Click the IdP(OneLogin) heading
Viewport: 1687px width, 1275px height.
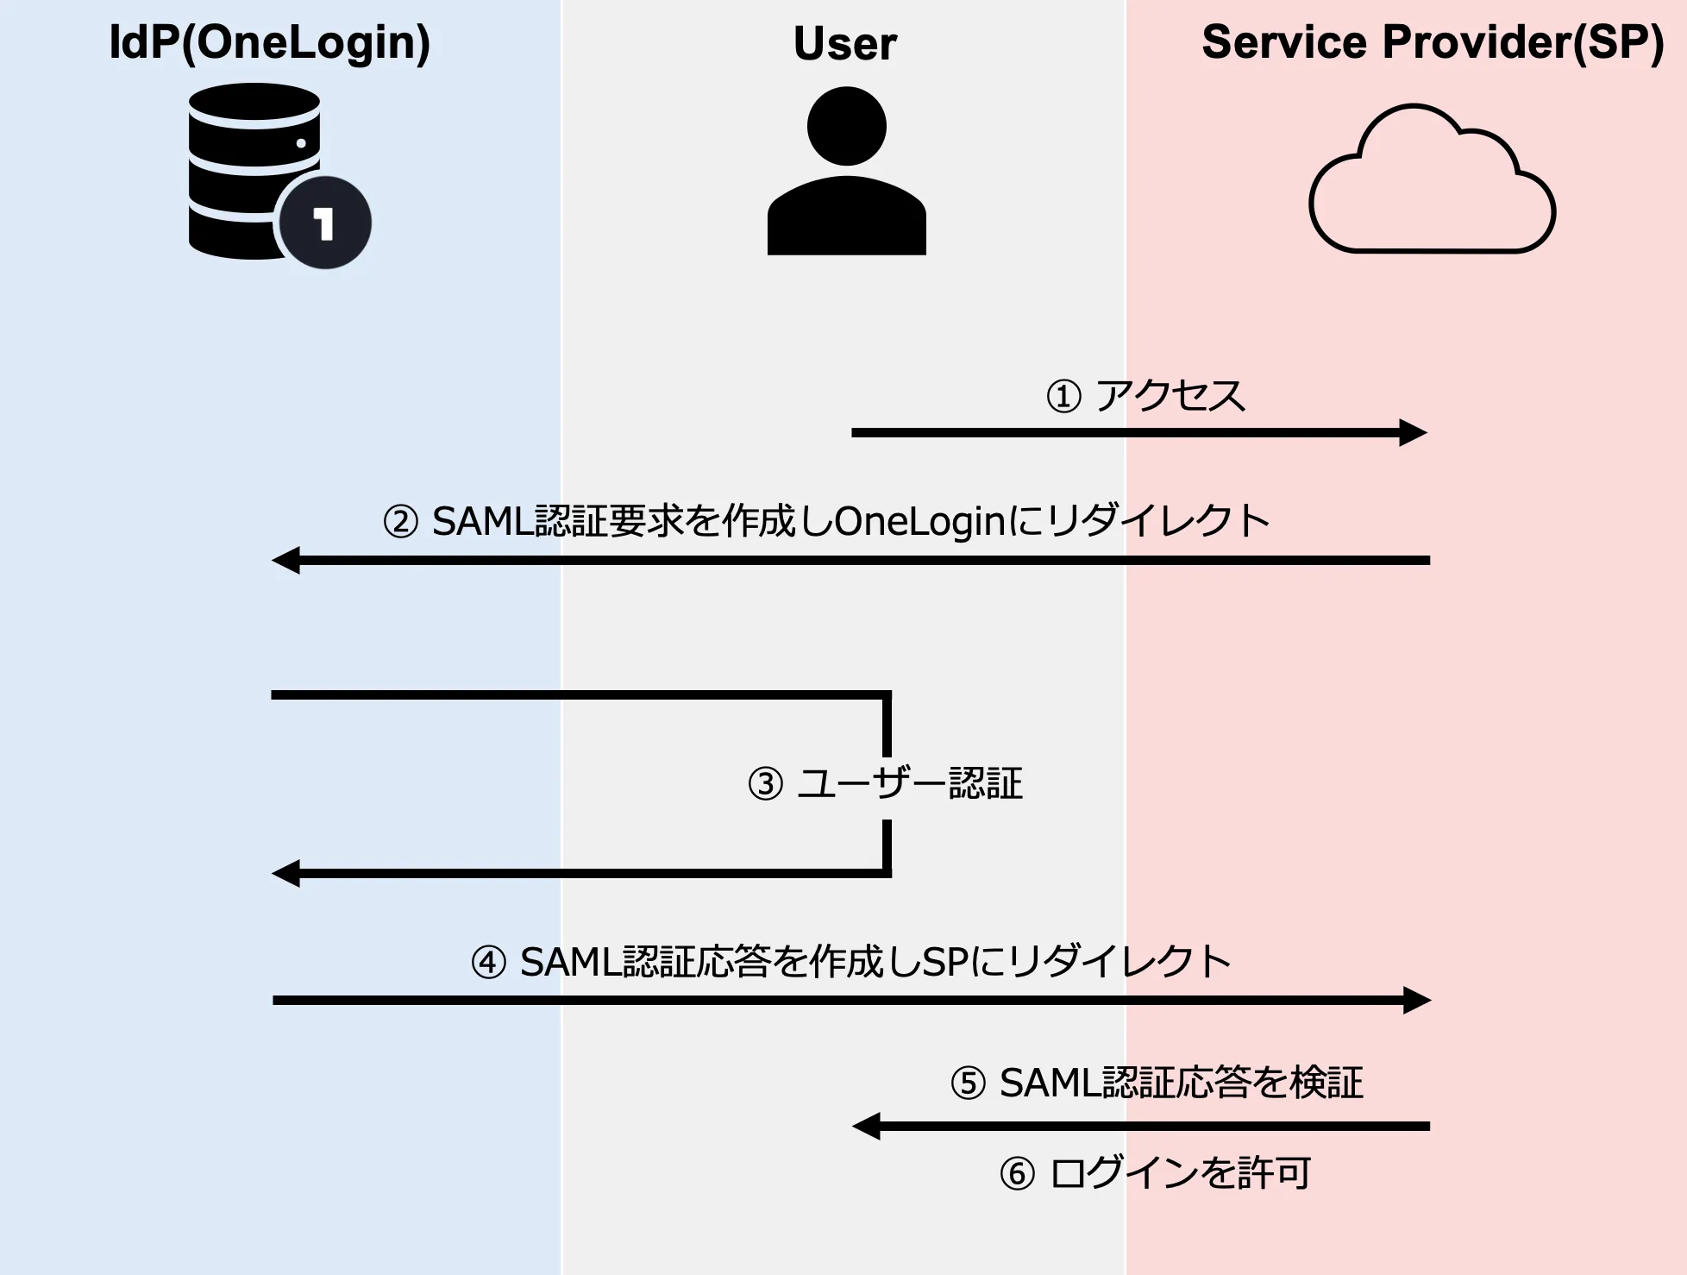(x=269, y=42)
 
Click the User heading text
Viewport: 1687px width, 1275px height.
(x=845, y=44)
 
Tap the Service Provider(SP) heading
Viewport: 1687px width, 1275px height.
(x=1433, y=42)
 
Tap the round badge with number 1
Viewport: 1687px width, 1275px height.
(x=324, y=223)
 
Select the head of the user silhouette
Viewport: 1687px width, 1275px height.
(x=846, y=126)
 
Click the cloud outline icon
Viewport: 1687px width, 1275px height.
(x=1432, y=185)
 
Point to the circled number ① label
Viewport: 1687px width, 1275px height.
(x=1063, y=397)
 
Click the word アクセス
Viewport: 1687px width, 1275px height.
(x=1170, y=396)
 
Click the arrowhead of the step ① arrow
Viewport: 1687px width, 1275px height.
(x=1414, y=432)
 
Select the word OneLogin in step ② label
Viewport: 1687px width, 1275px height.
(x=920, y=521)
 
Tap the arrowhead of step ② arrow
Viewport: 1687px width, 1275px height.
(x=285, y=560)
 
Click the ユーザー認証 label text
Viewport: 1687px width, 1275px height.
(x=910, y=783)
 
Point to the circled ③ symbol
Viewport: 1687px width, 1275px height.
(x=765, y=784)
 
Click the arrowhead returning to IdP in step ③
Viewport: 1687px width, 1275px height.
(x=285, y=873)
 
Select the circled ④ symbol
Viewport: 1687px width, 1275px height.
(x=488, y=962)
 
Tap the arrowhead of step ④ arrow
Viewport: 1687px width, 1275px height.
(x=1417, y=1000)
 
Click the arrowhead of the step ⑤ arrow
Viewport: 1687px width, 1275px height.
(x=866, y=1126)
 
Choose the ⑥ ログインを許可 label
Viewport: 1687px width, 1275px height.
(x=1156, y=1173)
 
